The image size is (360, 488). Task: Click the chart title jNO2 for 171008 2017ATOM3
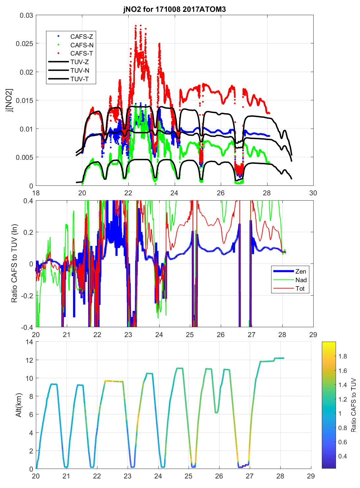point(174,9)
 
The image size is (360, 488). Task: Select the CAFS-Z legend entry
point(81,37)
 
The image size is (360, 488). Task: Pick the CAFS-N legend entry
point(82,45)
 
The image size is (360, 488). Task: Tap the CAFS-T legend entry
point(81,53)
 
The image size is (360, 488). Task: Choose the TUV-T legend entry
point(79,79)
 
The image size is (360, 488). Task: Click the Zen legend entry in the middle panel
point(300,271)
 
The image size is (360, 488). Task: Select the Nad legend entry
point(301,280)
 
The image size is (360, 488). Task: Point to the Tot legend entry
point(300,288)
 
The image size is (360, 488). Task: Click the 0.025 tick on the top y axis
point(24,43)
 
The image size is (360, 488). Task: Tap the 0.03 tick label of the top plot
point(26,15)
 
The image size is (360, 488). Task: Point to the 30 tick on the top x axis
point(313,193)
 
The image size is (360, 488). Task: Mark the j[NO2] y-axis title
point(10,100)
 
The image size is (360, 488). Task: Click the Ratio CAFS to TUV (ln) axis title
point(14,263)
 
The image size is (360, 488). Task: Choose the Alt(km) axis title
point(19,405)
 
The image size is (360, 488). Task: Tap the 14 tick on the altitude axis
point(29,342)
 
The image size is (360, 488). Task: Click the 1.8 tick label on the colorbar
point(343,356)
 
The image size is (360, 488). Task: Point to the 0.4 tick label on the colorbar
point(343,456)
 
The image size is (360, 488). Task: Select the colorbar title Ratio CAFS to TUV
point(354,405)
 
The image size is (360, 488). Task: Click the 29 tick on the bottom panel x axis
point(311,476)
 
